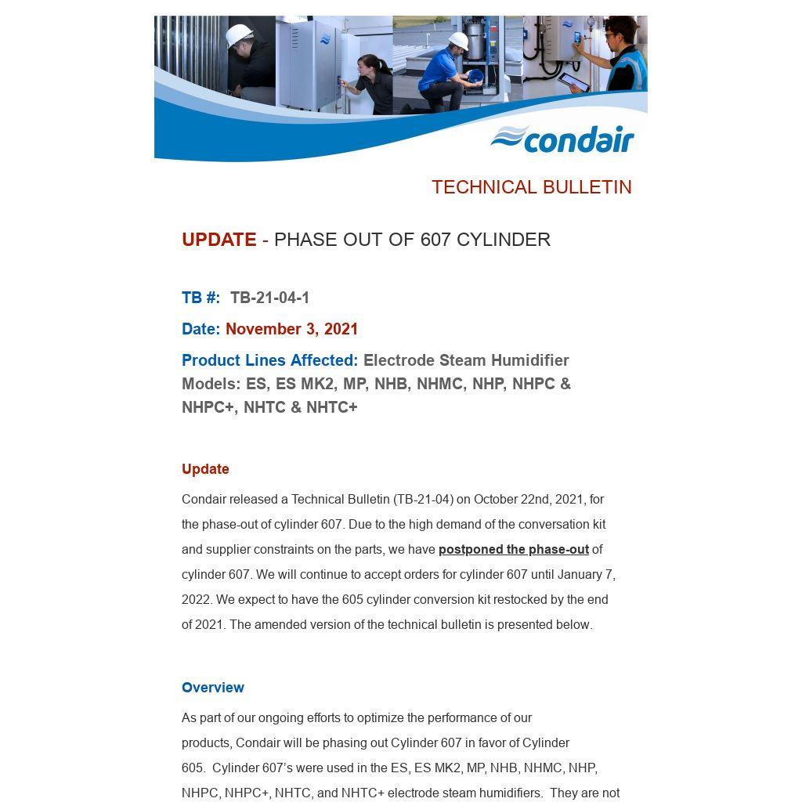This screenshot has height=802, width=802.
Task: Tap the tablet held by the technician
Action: click(573, 81)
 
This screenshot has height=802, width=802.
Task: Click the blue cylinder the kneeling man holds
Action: click(473, 76)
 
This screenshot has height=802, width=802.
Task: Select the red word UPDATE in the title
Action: click(219, 240)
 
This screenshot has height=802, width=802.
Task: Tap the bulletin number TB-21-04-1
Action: click(269, 298)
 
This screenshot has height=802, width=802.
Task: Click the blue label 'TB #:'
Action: click(200, 298)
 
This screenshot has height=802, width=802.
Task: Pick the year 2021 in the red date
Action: click(341, 329)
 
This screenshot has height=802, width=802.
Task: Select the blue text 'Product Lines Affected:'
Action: click(269, 360)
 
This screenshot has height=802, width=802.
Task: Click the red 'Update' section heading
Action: click(205, 469)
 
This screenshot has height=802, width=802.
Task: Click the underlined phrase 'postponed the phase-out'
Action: click(513, 550)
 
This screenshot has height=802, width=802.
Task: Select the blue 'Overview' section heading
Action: click(213, 688)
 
